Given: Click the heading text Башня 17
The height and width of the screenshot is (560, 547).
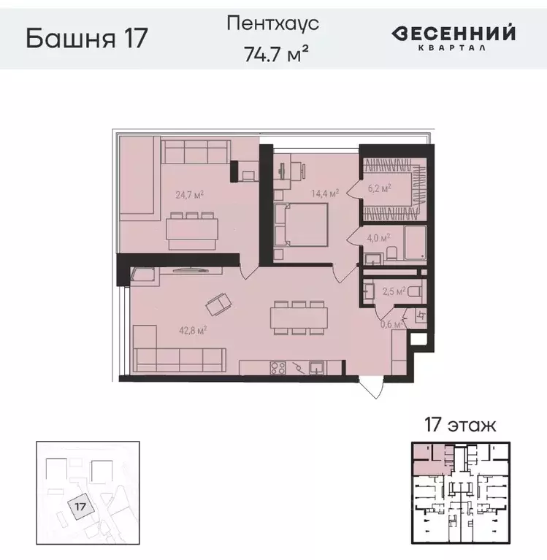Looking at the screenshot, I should click(87, 38).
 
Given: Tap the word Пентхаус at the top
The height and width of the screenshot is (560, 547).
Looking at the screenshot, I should click(273, 23).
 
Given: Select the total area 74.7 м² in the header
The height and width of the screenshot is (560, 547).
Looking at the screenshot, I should click(273, 53).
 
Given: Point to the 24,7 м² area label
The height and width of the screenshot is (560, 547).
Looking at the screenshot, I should click(189, 195).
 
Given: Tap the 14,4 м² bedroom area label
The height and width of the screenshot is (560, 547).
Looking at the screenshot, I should click(324, 194).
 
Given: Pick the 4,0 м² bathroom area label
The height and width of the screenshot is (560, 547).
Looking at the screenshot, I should click(378, 237).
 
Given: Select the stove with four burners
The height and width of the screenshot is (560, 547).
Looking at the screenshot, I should click(278, 367).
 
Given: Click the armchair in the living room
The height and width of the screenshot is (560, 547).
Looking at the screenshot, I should click(218, 302).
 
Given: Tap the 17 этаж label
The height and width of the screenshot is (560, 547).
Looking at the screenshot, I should click(456, 425).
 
